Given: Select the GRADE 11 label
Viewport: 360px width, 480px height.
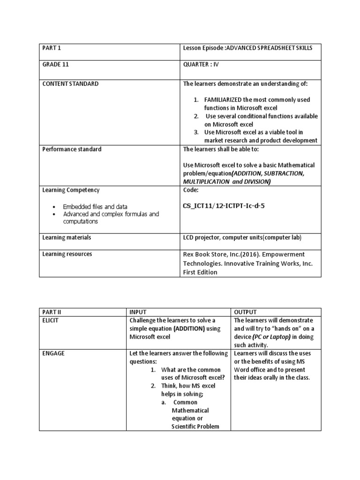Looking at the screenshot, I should (x=55, y=65).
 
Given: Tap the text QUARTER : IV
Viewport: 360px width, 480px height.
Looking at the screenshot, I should (x=201, y=65).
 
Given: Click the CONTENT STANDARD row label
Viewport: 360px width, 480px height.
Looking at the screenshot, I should (x=70, y=83).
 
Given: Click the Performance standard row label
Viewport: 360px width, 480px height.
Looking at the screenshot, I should (x=72, y=149).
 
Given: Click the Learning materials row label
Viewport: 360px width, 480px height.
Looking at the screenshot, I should (x=67, y=238).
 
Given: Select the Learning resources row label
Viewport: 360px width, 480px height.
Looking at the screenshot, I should (x=67, y=254).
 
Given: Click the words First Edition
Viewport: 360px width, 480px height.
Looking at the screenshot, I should (x=200, y=272).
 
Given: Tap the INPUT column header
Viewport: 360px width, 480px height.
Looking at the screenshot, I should (x=138, y=312).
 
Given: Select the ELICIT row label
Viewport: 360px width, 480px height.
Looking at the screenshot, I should (x=51, y=320).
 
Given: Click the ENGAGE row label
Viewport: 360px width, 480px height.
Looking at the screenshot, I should (x=53, y=353).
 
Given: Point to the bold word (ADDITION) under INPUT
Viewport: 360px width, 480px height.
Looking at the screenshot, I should (x=189, y=329).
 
